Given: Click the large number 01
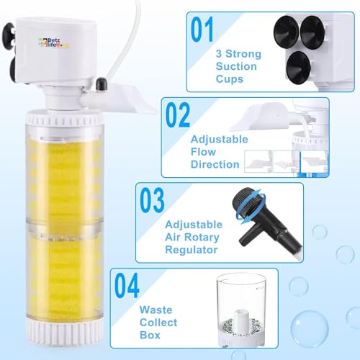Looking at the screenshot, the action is (202, 30).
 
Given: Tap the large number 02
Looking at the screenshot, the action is (178, 114).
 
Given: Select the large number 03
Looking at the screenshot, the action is (152, 200).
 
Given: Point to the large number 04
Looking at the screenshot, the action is (127, 285).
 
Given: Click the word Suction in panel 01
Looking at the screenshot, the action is (236, 66).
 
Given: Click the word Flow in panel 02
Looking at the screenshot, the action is (203, 152).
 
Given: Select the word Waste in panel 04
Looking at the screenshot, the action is (156, 310).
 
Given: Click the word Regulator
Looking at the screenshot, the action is (192, 250).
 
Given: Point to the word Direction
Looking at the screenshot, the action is (215, 164).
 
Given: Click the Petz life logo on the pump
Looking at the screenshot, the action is (53, 42).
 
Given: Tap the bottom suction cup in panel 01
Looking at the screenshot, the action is (299, 68).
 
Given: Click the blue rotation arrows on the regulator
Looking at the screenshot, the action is (251, 206).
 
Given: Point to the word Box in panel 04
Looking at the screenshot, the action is (150, 335).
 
